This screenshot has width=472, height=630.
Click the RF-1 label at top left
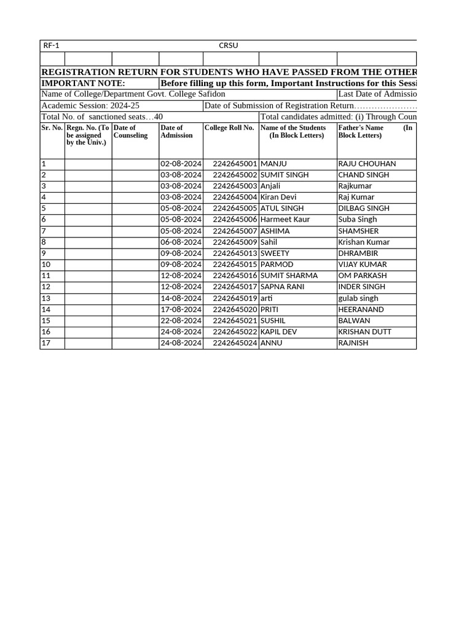point(51,46)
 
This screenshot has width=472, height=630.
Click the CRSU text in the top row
point(228,46)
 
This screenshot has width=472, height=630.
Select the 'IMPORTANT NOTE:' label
point(83,83)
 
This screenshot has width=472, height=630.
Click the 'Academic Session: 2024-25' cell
point(90,106)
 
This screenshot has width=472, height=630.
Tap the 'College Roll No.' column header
point(229,128)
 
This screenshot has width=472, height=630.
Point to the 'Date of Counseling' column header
point(131,132)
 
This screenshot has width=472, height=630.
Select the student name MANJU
point(274,164)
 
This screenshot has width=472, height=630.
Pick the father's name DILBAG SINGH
point(364,209)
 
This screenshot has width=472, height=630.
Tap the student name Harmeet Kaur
point(285,220)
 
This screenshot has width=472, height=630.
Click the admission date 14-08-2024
point(181,298)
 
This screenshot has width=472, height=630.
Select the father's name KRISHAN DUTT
point(365,332)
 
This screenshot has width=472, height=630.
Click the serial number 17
point(46,343)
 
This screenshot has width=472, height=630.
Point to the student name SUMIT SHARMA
point(289,276)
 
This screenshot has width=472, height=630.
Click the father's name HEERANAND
point(361,309)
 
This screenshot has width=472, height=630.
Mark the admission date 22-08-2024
point(181,321)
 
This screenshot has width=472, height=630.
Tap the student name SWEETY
point(275,253)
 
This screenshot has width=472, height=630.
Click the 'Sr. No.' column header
point(52,128)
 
